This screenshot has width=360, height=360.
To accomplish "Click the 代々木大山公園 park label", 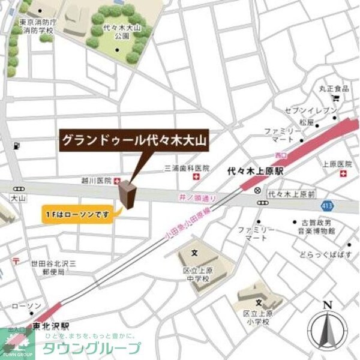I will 117,31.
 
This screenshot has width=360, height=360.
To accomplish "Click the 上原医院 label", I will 336,163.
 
